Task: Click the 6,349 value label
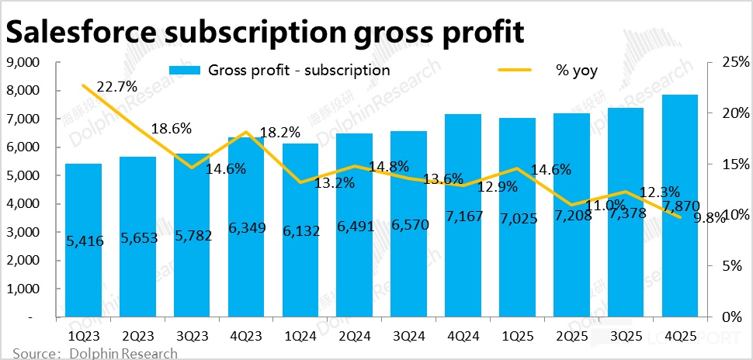(246, 230)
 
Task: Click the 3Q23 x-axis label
(192, 337)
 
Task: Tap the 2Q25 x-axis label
(571, 337)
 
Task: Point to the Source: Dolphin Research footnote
(95, 354)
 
